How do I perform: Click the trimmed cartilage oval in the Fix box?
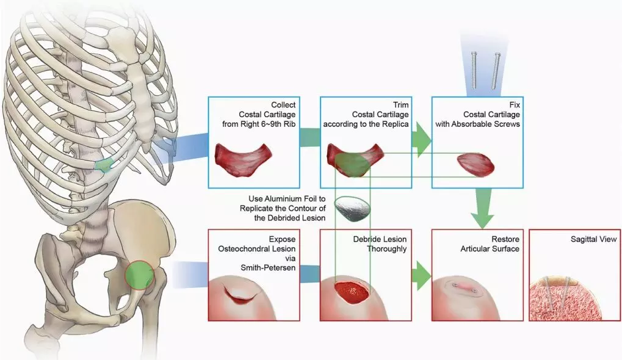[476, 164]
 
